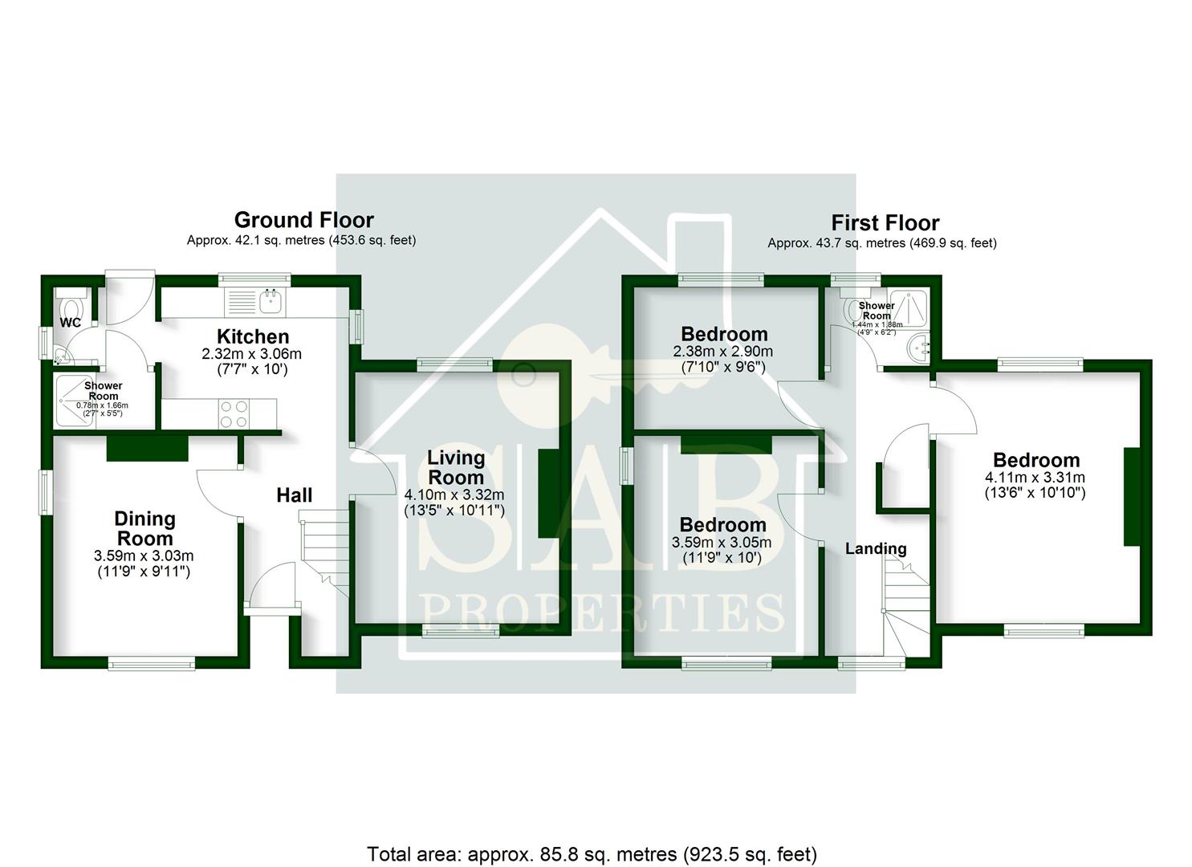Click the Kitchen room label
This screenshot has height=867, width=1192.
coord(253,336)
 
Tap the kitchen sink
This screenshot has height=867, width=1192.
coord(271,302)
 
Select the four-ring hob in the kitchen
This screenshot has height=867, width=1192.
coord(233,413)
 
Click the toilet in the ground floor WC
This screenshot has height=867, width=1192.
coord(71,307)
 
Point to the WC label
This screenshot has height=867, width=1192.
coord(71,324)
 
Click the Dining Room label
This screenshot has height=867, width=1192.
coord(144,528)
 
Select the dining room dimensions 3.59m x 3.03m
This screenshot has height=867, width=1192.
coord(144,556)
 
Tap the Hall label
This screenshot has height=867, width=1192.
coord(294,495)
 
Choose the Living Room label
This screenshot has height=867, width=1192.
coord(455,467)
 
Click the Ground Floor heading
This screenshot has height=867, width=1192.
coord(303,220)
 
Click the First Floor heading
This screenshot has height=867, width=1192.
coord(885,222)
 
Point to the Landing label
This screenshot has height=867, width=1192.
coord(875,549)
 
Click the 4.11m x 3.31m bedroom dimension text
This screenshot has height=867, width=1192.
coord(1035,478)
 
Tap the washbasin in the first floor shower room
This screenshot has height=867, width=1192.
coord(918,347)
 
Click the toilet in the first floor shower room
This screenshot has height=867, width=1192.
coord(852,307)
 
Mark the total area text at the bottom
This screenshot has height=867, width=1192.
coord(592,854)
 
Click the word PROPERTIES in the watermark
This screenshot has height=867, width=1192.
coord(602,614)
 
